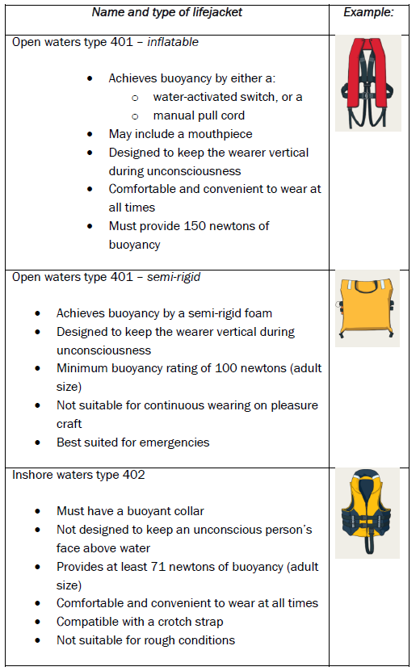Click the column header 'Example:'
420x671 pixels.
point(368,13)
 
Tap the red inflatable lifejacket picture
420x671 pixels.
point(367,84)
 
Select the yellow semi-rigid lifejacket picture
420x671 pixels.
point(367,308)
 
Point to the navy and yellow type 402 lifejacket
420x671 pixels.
point(367,514)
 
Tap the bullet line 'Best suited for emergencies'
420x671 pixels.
point(133,442)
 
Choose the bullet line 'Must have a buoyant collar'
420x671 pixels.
point(131,511)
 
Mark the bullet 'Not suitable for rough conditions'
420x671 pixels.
point(145,640)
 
